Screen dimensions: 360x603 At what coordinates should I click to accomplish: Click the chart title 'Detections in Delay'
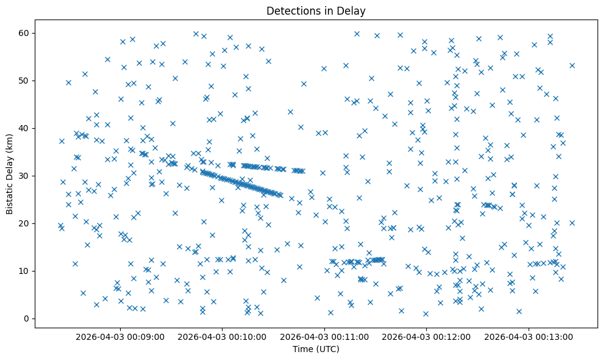click(316, 10)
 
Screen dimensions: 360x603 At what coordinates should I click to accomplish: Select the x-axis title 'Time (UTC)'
click(316, 349)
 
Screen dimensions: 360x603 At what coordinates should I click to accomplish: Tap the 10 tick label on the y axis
click(26, 271)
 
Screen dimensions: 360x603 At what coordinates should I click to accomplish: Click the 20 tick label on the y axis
click(26, 223)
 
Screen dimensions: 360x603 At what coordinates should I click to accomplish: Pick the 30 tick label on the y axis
click(26, 176)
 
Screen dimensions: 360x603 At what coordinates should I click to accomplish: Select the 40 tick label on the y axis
click(26, 128)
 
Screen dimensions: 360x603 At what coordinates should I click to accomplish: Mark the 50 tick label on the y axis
click(26, 81)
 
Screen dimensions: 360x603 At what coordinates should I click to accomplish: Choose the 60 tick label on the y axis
click(26, 33)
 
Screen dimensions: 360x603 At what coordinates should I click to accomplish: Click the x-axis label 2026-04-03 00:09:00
click(120, 336)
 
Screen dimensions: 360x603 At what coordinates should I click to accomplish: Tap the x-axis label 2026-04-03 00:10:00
click(222, 336)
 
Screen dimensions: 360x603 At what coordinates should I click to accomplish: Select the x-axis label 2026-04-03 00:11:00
click(324, 336)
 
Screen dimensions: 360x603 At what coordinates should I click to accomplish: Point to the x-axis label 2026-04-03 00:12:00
click(426, 336)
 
